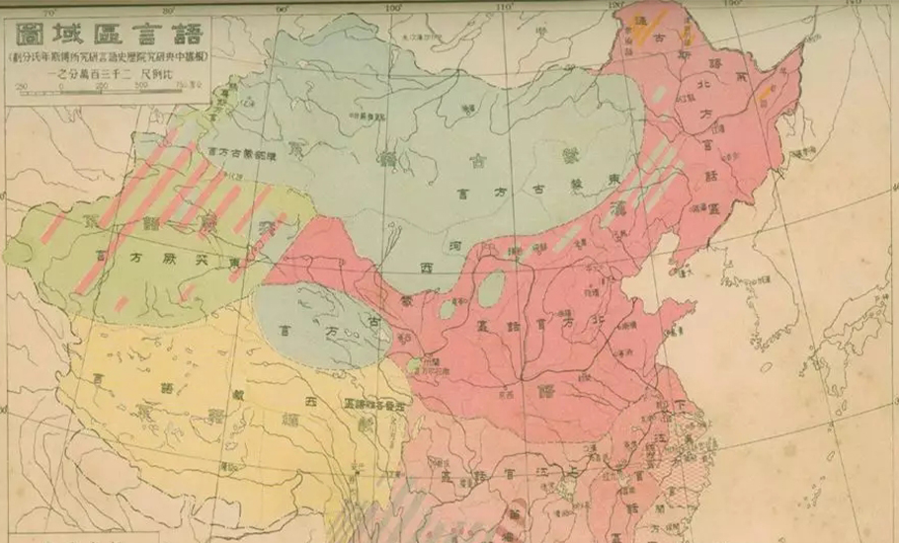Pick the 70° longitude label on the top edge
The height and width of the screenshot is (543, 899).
pyautogui.click(x=51, y=12)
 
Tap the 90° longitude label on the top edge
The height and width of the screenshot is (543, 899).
pyautogui.click(x=282, y=10)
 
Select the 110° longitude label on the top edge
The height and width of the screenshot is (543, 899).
pyautogui.click(x=505, y=8)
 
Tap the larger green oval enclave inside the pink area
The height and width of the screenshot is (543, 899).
pyautogui.click(x=491, y=287)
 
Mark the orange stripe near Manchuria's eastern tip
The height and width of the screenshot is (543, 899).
pyautogui.click(x=766, y=94)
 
